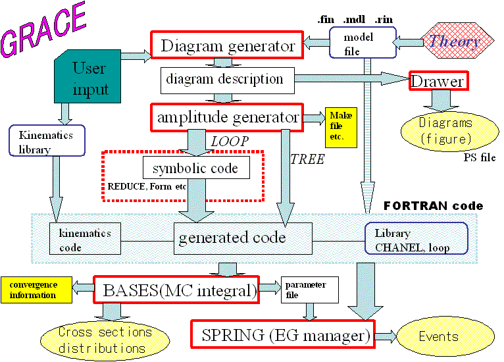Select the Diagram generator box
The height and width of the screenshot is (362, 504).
pos(227,47)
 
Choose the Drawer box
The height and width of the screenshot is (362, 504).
pos(438,81)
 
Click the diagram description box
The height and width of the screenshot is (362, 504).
pos(225,80)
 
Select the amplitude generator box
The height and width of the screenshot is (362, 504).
pos(227,117)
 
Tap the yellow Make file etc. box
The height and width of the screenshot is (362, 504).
pos(341,127)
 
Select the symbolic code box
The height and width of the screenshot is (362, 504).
pos(195,168)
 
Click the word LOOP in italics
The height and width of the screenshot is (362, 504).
pos(229,142)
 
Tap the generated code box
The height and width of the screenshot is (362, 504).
pos(232,237)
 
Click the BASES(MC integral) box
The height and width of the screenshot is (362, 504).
pos(176,290)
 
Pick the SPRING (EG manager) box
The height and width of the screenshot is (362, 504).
pos(282,335)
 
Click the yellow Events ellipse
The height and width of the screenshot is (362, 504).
pos(439,336)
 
